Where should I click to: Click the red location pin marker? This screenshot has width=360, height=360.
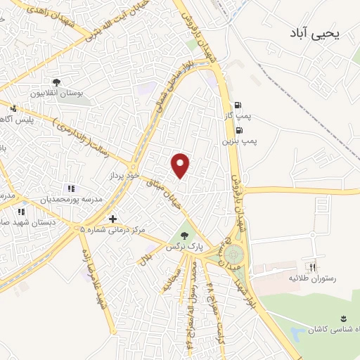(181, 165)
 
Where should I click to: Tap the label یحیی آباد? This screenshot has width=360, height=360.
(314, 32)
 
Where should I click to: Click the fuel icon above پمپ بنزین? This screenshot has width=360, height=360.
(240, 130)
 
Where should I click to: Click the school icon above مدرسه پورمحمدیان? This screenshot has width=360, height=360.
(70, 188)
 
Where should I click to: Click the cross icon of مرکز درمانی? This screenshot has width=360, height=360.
(112, 219)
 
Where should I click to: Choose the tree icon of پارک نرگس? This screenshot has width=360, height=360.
(184, 236)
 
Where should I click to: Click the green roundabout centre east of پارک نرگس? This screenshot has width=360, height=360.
(233, 253)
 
